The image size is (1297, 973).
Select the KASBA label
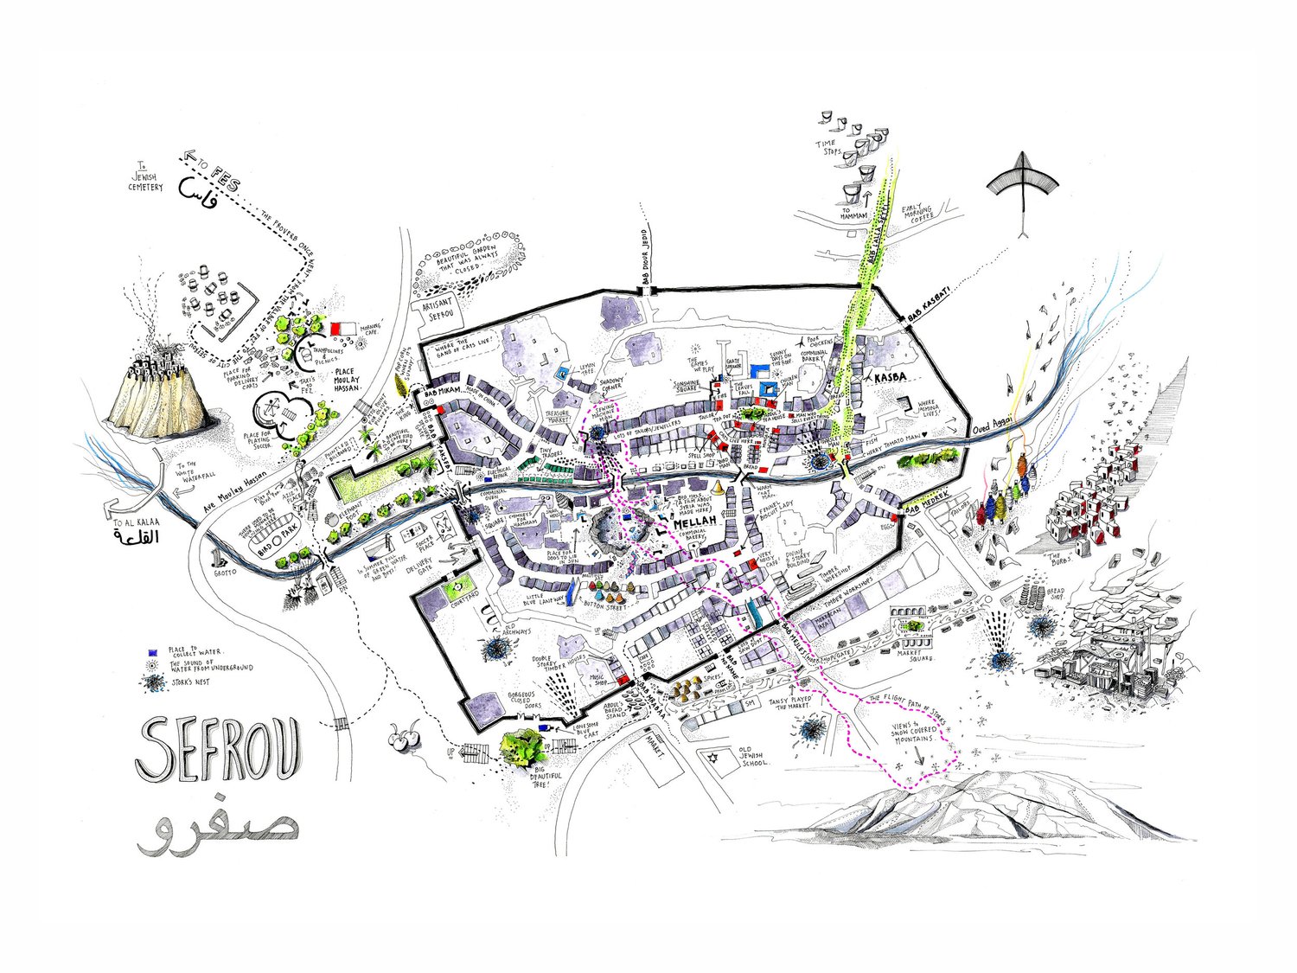click(x=891, y=381)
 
